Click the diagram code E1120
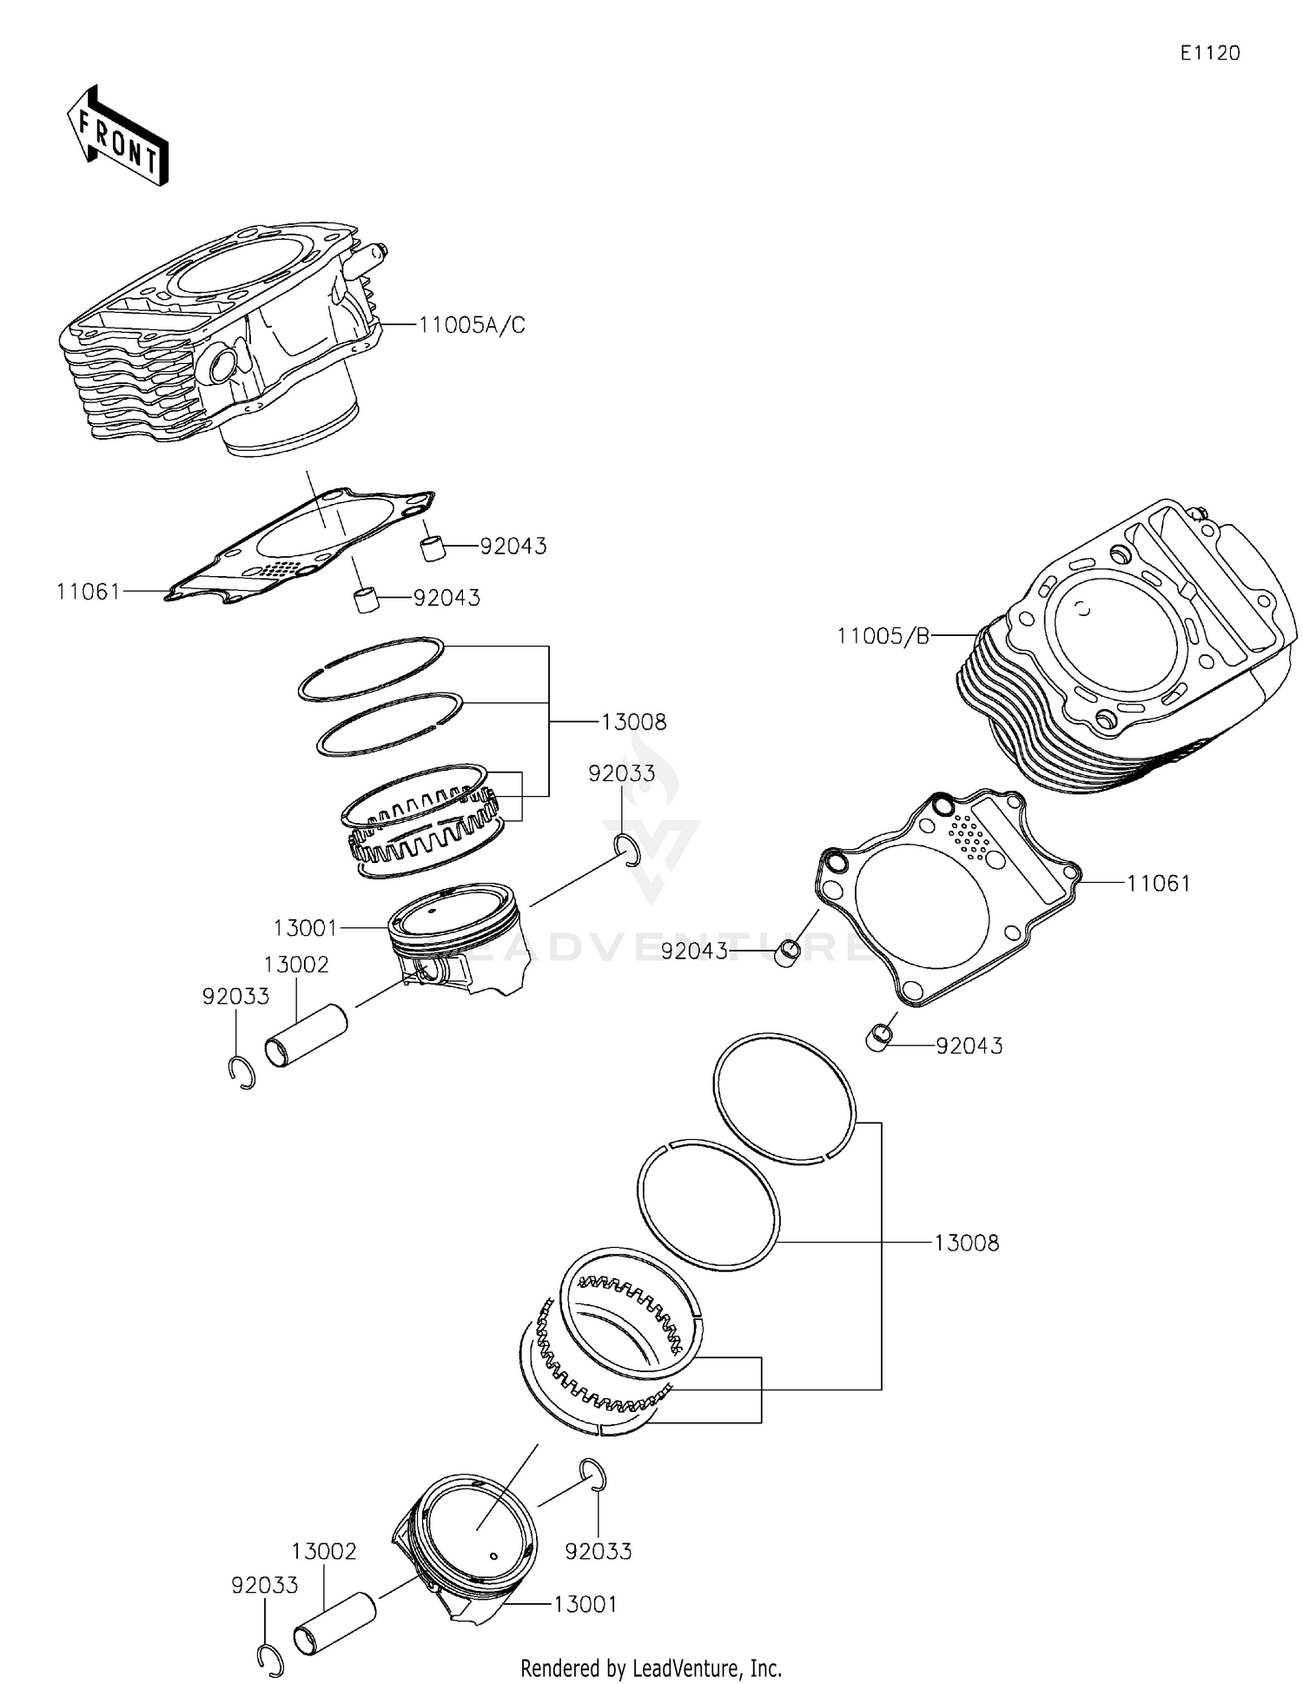point(1209,53)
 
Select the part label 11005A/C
point(472,325)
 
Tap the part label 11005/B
point(883,636)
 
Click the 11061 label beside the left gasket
point(88,592)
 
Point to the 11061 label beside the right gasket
point(1158,884)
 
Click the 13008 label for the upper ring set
point(634,722)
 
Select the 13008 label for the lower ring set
point(966,1243)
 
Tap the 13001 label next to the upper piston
point(304,928)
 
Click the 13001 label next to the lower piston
point(585,1604)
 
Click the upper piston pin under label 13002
point(306,1037)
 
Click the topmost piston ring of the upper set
point(371,669)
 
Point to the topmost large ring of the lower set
point(784,1098)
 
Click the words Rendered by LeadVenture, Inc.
point(651,1667)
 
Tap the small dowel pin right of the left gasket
point(433,548)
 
